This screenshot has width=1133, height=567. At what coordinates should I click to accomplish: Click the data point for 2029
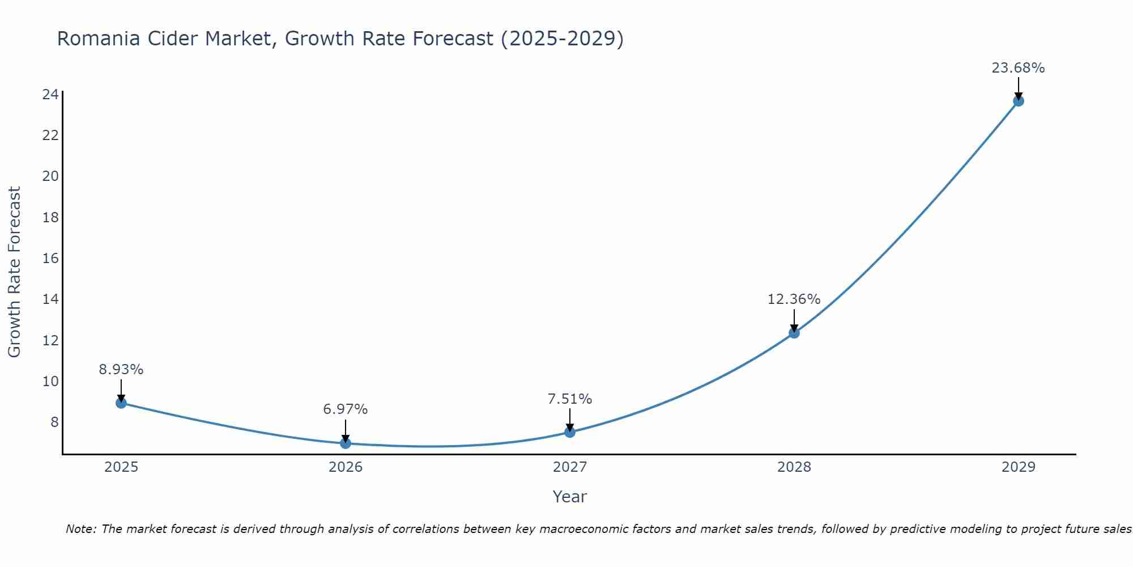coord(1018,101)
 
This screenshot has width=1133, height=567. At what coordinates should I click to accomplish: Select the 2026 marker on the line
coord(346,443)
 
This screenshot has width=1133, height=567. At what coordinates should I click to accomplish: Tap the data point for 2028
coord(794,333)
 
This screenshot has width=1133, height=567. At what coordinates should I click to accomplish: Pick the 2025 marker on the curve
coord(121,403)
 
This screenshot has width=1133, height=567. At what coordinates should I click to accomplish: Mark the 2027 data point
coord(570,432)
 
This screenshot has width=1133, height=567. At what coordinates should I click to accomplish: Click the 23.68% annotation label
coord(1018,68)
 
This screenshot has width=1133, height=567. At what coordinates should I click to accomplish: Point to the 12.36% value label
coord(794,299)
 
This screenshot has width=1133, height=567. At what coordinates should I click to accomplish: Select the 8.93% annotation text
coord(121,370)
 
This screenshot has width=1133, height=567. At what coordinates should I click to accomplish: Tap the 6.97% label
coord(346,409)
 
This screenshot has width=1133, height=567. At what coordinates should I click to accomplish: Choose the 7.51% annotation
coord(570,399)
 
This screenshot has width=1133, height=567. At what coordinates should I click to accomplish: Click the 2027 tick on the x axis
coord(570,467)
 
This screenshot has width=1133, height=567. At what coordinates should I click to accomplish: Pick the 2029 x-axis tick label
coord(1018,467)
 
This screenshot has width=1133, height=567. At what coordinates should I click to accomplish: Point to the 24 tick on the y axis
coord(50,94)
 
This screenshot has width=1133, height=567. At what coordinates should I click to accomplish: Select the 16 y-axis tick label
coord(50,259)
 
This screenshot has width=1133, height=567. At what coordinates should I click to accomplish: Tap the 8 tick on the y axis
coord(54,422)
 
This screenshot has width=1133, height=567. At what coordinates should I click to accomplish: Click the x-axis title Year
coord(570,497)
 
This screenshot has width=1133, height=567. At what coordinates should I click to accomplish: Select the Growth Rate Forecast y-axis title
coord(14,272)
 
